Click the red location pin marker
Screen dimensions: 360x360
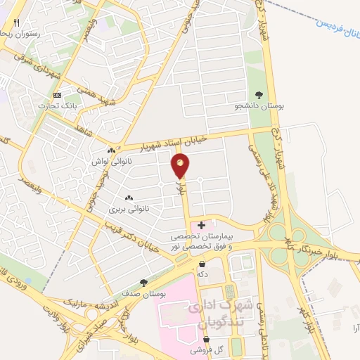(181, 166)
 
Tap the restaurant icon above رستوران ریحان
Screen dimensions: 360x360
(16, 22)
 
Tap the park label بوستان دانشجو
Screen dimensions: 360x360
(260, 106)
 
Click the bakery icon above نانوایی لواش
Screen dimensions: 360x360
(111, 150)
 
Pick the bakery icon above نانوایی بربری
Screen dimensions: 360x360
(128, 198)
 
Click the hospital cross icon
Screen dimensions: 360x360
(202, 225)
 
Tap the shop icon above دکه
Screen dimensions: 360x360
(202, 264)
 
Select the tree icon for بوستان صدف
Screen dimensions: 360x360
(143, 282)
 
